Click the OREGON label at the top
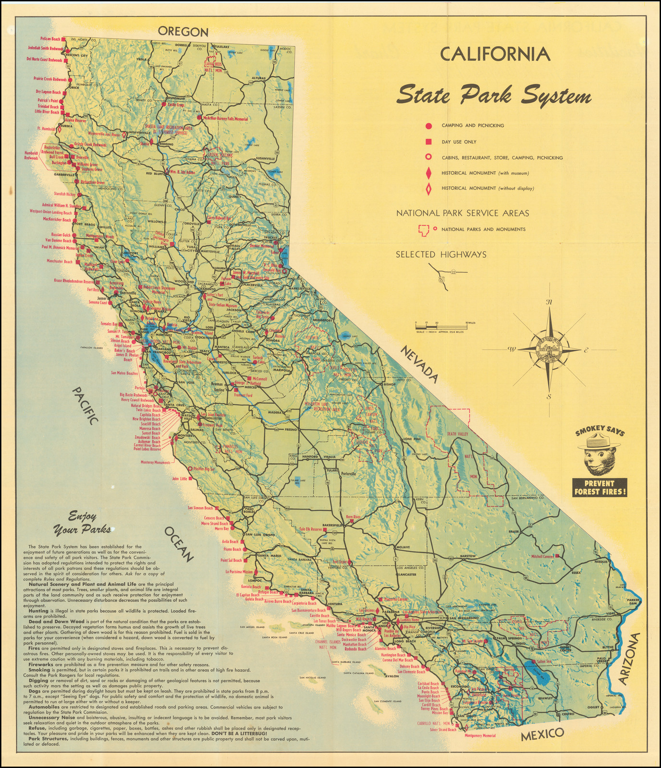pyautogui.click(x=184, y=32)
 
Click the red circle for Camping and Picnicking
pyautogui.click(x=428, y=126)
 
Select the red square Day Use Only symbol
pyautogui.click(x=428, y=142)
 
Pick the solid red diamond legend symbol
pyautogui.click(x=428, y=173)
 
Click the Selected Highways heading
pyautogui.click(x=441, y=255)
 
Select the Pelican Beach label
pyautogui.click(x=50, y=39)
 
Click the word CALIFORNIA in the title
pyautogui.click(x=495, y=54)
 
